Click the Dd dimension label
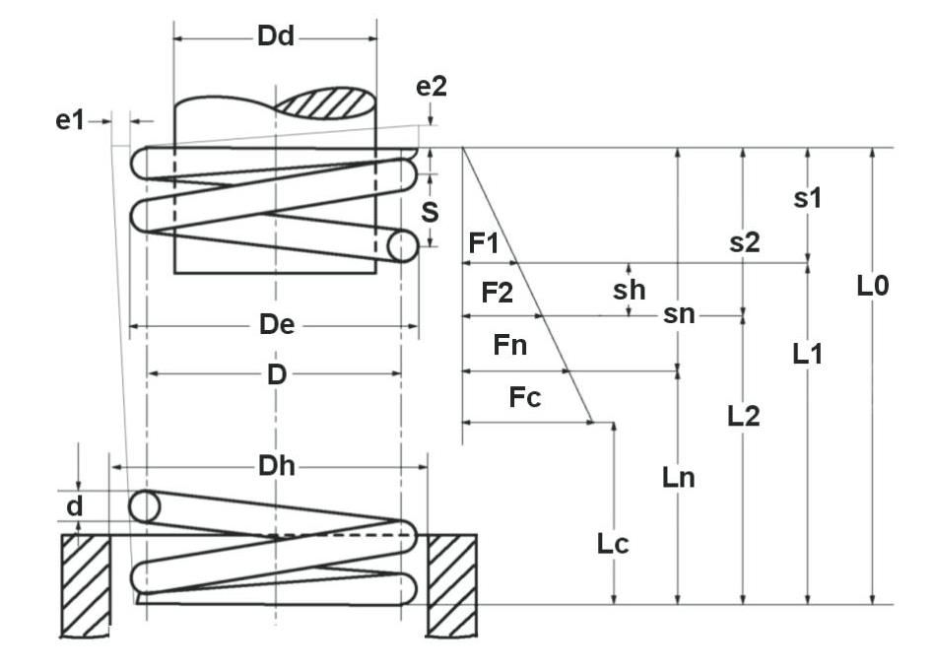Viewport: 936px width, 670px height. click(276, 37)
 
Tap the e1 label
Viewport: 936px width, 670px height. click(70, 120)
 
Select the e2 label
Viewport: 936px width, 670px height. click(432, 86)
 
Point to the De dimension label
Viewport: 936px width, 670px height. click(275, 325)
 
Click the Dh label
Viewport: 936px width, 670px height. click(275, 466)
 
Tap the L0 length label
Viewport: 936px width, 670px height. click(873, 287)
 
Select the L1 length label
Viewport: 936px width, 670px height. click(808, 353)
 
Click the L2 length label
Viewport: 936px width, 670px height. click(744, 415)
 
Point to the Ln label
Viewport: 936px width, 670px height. click(679, 478)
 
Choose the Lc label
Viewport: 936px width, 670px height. click(614, 542)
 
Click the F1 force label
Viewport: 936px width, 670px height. click(483, 242)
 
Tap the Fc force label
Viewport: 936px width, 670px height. click(525, 398)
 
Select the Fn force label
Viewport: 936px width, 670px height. click(509, 346)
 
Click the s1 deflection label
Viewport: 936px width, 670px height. click(808, 198)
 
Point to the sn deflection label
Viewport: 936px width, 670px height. click(679, 314)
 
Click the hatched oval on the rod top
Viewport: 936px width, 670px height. click(325, 100)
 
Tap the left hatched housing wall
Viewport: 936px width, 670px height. click(86, 583)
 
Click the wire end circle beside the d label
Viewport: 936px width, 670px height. click(144, 506)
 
